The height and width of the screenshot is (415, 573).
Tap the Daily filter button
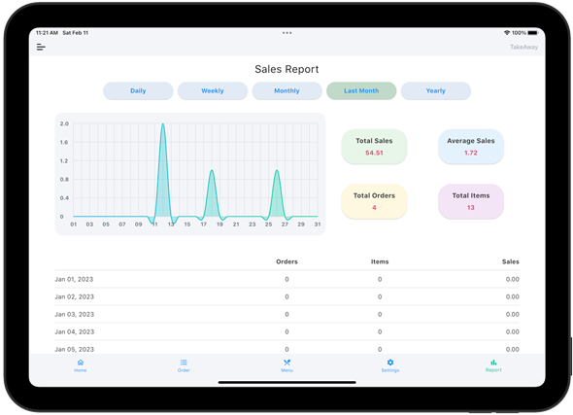[x=138, y=90]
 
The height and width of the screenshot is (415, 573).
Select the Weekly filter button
[x=213, y=90]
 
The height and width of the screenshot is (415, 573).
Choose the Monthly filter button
[x=286, y=90]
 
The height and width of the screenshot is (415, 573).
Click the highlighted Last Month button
[x=361, y=90]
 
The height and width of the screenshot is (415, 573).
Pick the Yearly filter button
[x=436, y=90]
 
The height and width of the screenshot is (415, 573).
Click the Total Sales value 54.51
[x=374, y=153]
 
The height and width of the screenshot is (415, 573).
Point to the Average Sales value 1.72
[x=471, y=153]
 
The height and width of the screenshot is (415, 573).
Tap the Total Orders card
[x=374, y=201]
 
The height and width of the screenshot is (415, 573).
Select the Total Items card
[x=471, y=201]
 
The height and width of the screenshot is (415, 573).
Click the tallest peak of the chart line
[x=162, y=124]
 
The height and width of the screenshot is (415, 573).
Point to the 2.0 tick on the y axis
[x=64, y=123]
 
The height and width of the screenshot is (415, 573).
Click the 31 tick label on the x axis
[x=318, y=225]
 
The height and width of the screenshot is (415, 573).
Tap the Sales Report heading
[x=286, y=69]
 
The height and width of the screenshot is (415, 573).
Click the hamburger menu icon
[x=41, y=47]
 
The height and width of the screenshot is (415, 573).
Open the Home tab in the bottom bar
[x=81, y=365]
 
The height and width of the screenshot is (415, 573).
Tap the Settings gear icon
[x=390, y=363]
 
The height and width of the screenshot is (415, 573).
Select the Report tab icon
[x=493, y=363]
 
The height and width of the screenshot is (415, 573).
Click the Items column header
[x=380, y=261]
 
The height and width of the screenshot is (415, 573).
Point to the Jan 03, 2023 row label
[x=75, y=315]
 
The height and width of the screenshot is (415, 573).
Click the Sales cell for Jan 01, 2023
[x=513, y=279]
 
